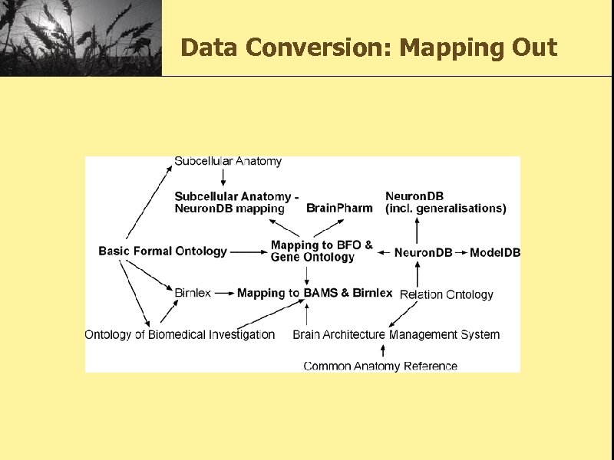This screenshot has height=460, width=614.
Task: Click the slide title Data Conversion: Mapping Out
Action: [368, 48]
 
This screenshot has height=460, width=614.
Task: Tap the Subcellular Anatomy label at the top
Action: [228, 162]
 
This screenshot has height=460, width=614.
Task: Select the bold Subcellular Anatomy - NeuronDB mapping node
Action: [236, 202]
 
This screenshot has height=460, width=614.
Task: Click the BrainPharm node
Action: [339, 208]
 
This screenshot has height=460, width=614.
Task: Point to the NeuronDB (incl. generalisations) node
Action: [445, 202]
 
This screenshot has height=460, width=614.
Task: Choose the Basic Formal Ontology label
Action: [163, 251]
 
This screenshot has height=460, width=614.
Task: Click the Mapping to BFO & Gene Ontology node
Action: [322, 251]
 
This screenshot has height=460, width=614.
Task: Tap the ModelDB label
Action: [494, 252]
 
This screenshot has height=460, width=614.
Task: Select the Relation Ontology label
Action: [447, 294]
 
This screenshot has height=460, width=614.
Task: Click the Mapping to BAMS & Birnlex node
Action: [315, 293]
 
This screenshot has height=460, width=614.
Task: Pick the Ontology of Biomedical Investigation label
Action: [180, 334]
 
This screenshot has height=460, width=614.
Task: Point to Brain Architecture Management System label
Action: [396, 334]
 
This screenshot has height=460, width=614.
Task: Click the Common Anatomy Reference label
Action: [380, 366]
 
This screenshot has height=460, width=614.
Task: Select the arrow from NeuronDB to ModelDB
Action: [460, 252]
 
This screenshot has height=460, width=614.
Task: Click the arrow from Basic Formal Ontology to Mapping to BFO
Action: [248, 251]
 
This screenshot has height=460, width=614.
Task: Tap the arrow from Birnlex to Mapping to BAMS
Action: [224, 293]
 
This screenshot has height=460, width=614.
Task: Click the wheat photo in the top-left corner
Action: [81, 38]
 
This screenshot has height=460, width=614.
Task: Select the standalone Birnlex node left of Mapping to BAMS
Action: [193, 293]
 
